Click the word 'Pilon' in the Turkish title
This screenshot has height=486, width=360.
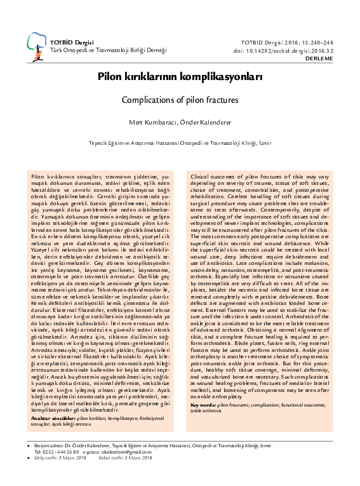pos(109,75)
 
